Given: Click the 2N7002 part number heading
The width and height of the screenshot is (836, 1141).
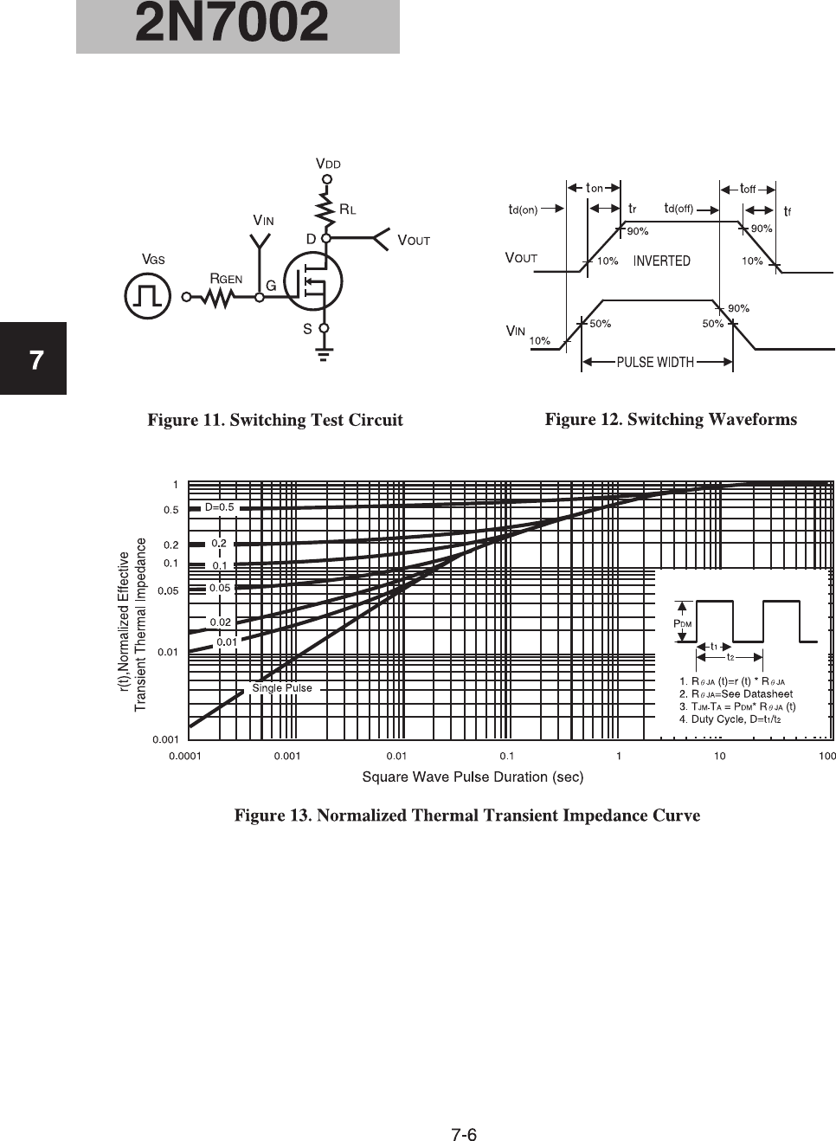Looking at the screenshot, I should (232, 24).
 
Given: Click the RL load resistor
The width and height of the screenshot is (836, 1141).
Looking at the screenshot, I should (327, 209).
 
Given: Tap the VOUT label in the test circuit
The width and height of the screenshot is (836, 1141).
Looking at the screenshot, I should (413, 240).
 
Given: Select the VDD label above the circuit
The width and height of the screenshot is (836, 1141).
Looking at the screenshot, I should (328, 164).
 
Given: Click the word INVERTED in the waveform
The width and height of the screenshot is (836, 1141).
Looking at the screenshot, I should (661, 261).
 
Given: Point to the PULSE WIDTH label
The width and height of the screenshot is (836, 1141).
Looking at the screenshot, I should (655, 362).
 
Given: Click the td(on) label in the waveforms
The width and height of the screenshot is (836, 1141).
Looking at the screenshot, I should (523, 209).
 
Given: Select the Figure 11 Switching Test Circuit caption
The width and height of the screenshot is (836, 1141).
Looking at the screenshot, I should (275, 421).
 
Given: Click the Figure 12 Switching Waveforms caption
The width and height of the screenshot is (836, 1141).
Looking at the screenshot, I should (671, 420).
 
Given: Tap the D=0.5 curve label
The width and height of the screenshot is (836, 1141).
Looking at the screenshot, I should (219, 507).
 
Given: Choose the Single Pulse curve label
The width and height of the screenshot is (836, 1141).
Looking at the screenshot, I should (282, 688).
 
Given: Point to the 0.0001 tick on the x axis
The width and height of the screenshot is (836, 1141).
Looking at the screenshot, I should (183, 756).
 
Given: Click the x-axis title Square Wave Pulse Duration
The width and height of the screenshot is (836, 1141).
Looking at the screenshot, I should (473, 777).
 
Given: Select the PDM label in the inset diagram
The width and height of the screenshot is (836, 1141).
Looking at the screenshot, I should (682, 623).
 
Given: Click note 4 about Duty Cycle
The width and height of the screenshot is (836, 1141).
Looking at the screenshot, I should (736, 719).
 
